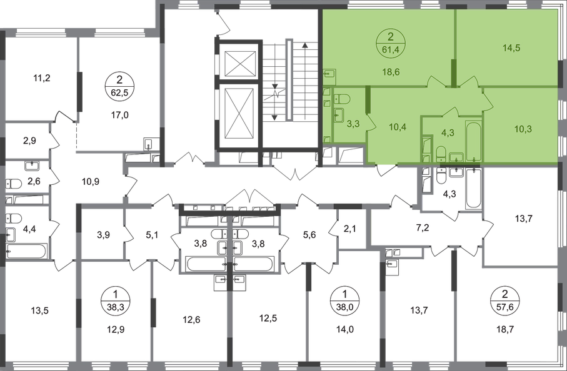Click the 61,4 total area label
[390, 49]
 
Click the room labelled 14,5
[511, 47]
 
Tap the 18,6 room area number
[391, 72]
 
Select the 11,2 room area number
[42, 77]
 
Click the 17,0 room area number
[120, 115]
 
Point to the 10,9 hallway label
[91, 181]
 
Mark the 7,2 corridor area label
[423, 228]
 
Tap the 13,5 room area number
[40, 310]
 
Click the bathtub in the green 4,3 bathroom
[474, 142]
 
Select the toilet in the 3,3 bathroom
[342, 99]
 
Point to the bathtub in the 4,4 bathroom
[27, 251]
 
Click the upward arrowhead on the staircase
[305, 45]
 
